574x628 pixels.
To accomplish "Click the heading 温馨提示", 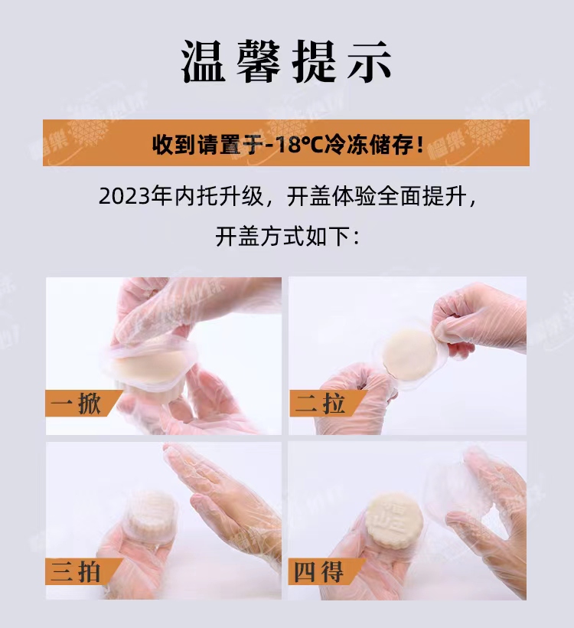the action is (285, 61).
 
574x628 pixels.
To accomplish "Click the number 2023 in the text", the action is (122, 197).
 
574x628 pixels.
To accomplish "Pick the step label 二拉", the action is (320, 404).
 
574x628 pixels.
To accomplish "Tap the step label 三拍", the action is (75, 571).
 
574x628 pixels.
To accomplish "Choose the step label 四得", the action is (318, 571).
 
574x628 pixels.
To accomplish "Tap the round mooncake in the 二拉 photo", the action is (409, 354).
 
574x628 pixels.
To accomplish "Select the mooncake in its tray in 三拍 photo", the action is (151, 517).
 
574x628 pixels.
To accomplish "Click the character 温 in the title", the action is (203, 61).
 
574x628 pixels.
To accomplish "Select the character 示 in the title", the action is (369, 61).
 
